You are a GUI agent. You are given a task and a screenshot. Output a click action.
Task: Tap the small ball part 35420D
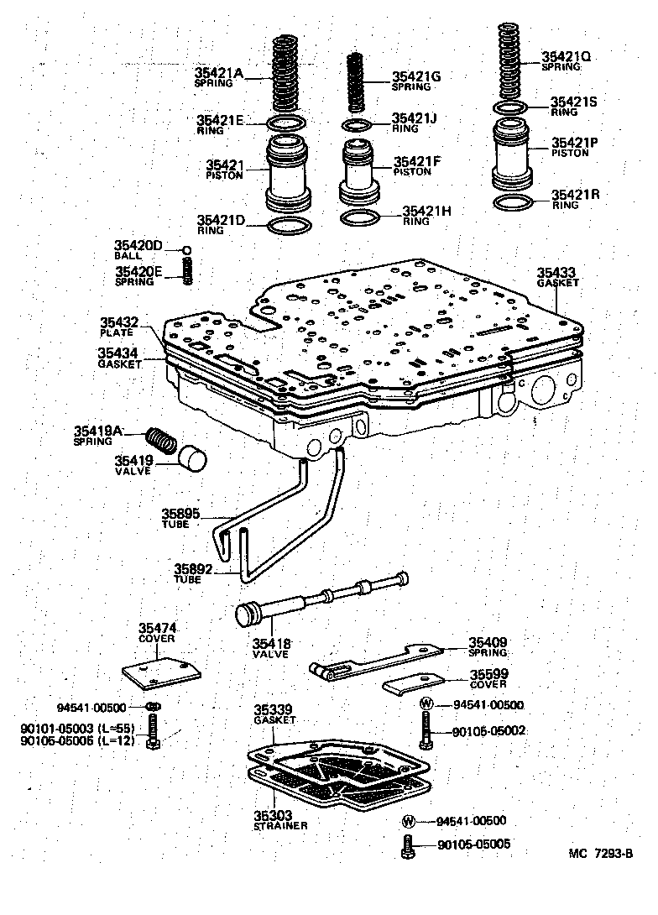tap(188, 250)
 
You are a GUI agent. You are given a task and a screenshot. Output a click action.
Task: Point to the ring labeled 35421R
tap(512, 203)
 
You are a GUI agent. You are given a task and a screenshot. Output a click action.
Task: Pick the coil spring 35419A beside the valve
tap(160, 440)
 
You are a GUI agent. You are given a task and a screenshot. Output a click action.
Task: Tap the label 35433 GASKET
tap(557, 277)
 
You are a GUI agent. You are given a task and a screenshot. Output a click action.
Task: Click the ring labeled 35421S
tap(509, 109)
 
